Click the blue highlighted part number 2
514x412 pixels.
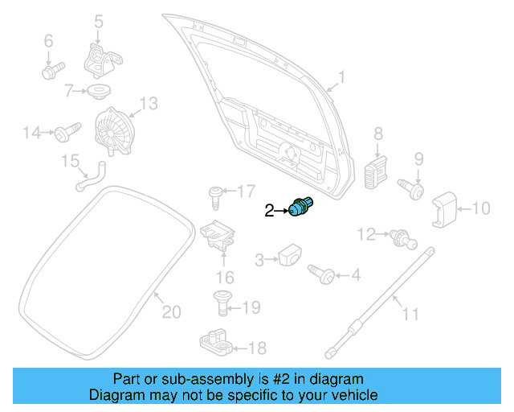click(302, 207)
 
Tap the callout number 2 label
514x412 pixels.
click(270, 211)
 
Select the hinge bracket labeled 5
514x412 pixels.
click(101, 59)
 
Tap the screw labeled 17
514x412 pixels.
click(215, 193)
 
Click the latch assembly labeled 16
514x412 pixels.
click(218, 236)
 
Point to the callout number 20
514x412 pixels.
click(172, 311)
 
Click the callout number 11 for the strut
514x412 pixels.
click(410, 313)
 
